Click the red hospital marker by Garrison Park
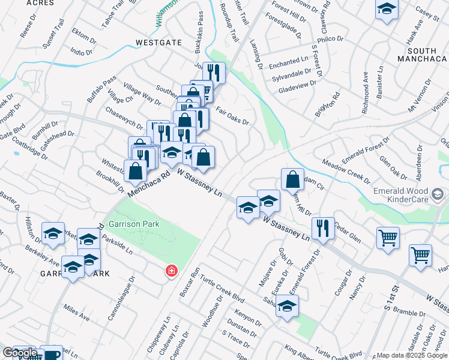coord(172,272)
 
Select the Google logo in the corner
coord(20,353)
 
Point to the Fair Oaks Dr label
coord(232,116)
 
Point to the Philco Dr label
coord(329,41)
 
